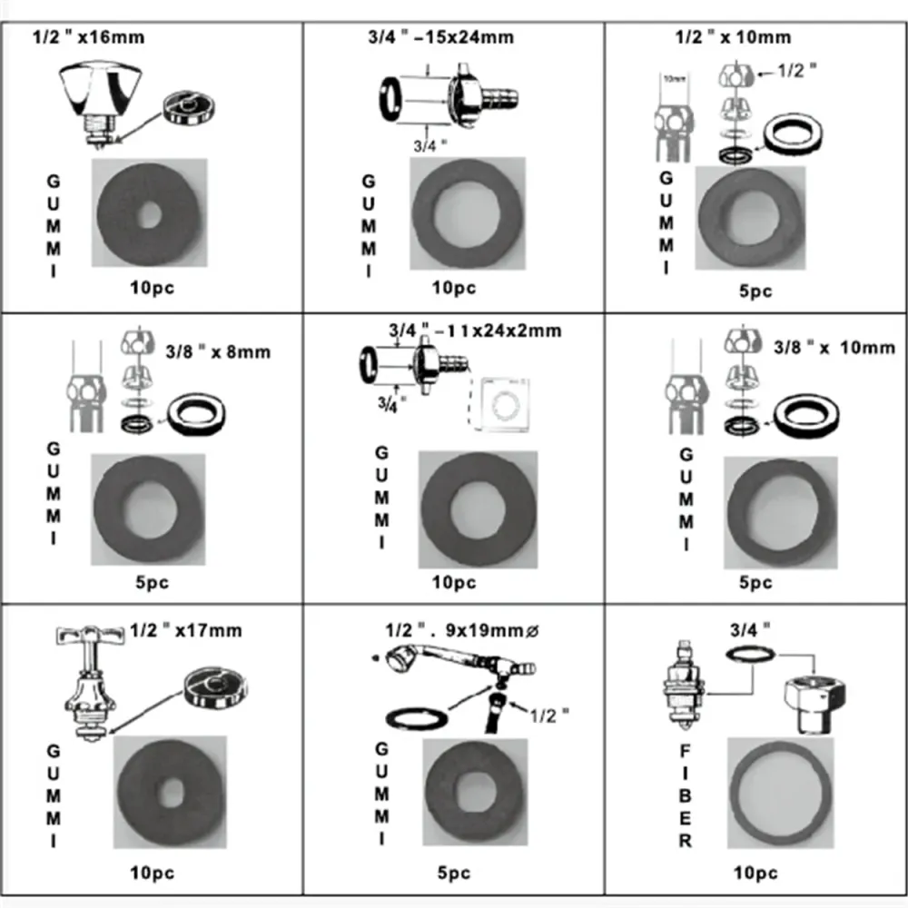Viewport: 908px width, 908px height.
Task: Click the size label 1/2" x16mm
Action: tap(88, 37)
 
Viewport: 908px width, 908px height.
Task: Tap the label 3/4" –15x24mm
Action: tap(440, 37)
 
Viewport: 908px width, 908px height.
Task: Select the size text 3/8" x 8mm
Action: tap(218, 351)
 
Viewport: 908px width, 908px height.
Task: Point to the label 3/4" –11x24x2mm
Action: tap(475, 331)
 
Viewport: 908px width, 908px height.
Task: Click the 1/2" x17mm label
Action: tap(185, 630)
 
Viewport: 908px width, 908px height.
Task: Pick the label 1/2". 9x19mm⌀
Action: tap(462, 630)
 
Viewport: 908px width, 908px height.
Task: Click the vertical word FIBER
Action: tap(685, 795)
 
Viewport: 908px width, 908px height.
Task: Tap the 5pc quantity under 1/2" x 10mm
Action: tap(755, 291)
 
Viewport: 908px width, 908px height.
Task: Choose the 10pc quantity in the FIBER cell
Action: tap(755, 873)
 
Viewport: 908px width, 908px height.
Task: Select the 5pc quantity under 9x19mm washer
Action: tap(453, 873)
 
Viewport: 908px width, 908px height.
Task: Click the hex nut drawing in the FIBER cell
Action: tap(814, 704)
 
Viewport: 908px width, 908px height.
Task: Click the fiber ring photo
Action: tap(780, 793)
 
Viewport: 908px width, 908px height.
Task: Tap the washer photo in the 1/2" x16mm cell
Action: tap(150, 212)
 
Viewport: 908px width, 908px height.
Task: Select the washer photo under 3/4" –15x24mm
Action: tap(468, 213)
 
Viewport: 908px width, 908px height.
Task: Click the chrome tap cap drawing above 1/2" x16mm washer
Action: tap(100, 104)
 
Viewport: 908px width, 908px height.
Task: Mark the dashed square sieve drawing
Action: tap(499, 404)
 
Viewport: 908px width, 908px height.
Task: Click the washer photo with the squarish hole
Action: tap(475, 791)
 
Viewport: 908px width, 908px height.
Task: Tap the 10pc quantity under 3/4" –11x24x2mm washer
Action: tap(453, 582)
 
